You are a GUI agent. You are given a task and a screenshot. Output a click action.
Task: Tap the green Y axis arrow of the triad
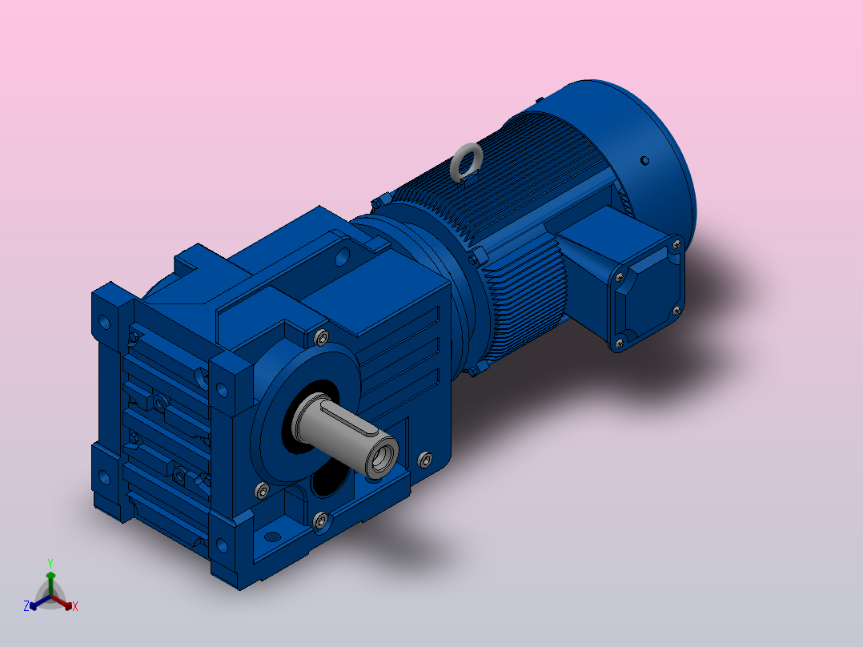tap(50, 583)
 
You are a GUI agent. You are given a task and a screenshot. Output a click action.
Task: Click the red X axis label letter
tap(75, 606)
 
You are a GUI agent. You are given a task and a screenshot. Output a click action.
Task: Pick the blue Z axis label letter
tap(26, 606)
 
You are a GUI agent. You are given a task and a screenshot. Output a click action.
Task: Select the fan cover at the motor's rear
tap(628, 159)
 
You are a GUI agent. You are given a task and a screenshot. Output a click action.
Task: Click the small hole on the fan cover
tap(644, 161)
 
